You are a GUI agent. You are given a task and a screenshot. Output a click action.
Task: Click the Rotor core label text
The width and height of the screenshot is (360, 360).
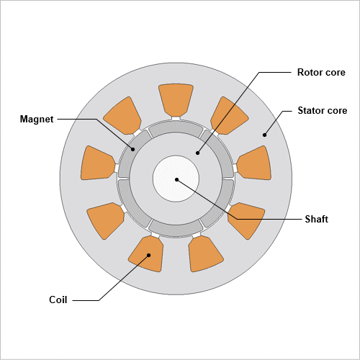click(x=321, y=72)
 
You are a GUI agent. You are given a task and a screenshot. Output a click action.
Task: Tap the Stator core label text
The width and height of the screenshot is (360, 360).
click(x=323, y=110)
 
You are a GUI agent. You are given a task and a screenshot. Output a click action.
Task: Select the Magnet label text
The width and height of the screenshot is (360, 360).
click(x=37, y=120)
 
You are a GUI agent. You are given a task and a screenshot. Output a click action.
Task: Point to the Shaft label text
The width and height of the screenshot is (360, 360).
click(x=316, y=219)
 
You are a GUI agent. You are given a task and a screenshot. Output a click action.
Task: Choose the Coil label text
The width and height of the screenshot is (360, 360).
click(x=58, y=300)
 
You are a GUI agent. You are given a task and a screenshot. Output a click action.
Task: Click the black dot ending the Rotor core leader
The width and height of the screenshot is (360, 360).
click(x=197, y=153)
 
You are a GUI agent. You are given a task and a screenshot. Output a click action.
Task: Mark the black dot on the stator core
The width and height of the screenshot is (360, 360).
click(x=264, y=135)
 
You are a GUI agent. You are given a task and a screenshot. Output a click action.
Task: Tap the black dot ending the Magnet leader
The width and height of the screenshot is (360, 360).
click(x=132, y=149)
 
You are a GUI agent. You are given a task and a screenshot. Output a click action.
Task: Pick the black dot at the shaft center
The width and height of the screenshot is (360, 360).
click(x=176, y=179)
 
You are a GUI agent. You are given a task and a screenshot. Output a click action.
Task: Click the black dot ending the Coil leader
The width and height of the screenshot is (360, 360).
click(x=148, y=255)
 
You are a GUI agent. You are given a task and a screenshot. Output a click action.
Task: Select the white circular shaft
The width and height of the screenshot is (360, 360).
click(x=176, y=179)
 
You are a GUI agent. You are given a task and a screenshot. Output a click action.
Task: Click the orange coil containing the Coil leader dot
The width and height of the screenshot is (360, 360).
click(x=147, y=254)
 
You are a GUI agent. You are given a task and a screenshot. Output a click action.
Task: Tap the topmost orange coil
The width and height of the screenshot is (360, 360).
click(x=176, y=100)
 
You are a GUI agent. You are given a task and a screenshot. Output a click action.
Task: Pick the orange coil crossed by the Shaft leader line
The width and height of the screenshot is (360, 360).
click(x=246, y=220)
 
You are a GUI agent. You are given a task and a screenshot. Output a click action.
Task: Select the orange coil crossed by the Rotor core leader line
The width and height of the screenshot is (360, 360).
click(x=229, y=116)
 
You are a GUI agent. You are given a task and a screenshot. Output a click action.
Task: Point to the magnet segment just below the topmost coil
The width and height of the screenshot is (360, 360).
click(x=176, y=128)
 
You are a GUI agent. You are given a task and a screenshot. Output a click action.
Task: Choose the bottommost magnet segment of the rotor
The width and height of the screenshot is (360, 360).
click(x=176, y=228)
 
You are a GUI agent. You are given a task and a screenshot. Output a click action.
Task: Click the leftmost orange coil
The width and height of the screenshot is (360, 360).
click(x=97, y=163)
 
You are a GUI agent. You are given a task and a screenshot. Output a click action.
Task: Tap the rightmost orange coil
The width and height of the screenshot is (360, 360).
click(x=254, y=163)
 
